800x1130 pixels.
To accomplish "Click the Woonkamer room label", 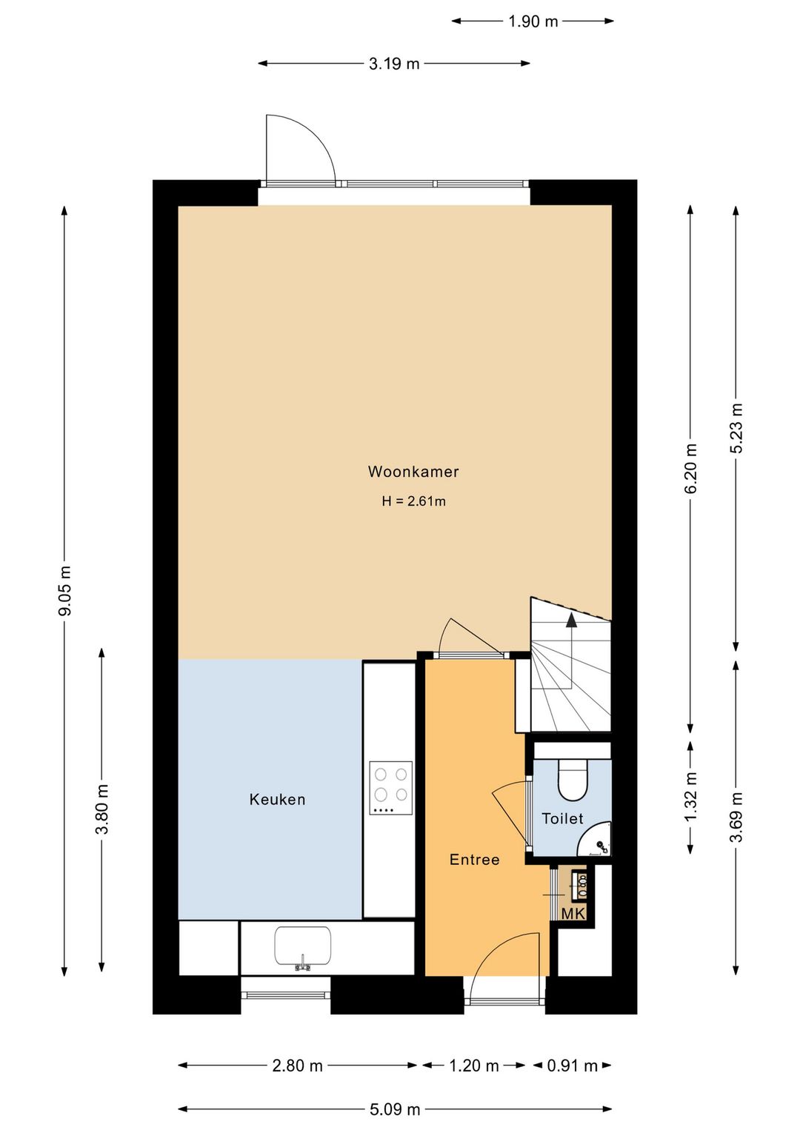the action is pos(413,471).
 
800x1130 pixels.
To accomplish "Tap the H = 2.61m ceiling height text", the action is pos(413,501).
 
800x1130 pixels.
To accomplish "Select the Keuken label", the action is pos(277,799).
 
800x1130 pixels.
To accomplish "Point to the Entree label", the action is pos(475,859).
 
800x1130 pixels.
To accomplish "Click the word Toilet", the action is pos(562,818).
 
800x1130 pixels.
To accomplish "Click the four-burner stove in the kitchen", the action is pos(390,788).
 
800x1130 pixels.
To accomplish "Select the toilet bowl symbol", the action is pos(573,780).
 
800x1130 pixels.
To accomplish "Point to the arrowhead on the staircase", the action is pos(571,620).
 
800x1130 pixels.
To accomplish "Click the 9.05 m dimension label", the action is pos(65,591).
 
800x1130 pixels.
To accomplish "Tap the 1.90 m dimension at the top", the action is pos(533,21).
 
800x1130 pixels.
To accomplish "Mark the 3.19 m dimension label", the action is pos(394,64).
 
